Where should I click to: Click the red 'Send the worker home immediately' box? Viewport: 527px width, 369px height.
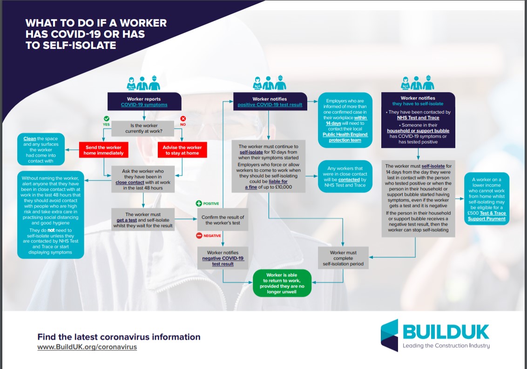[x=104, y=150]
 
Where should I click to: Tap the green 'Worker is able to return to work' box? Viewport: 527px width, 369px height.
[x=281, y=282]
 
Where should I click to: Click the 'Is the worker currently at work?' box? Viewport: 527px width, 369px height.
[x=144, y=128]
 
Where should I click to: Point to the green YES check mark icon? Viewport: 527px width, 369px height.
[x=107, y=119]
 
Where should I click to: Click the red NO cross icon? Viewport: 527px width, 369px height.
[x=183, y=119]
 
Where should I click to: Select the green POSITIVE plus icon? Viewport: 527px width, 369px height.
[x=199, y=203]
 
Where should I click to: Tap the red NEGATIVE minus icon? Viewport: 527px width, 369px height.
[x=199, y=236]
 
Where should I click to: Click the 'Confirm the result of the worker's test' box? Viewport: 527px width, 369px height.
[x=223, y=220]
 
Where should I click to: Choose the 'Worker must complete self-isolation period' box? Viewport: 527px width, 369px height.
[x=343, y=258]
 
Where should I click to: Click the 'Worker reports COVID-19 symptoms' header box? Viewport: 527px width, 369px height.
[x=144, y=102]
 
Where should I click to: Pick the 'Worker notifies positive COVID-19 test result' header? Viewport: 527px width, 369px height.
[x=270, y=102]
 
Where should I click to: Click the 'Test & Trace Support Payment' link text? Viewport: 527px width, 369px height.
[x=486, y=216]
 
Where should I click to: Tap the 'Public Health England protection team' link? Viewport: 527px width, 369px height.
[x=345, y=137]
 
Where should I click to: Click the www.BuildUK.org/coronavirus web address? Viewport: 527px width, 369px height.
[x=87, y=347]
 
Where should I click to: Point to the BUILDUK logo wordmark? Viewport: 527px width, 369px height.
[x=446, y=332]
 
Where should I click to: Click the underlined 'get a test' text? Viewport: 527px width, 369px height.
[x=126, y=220]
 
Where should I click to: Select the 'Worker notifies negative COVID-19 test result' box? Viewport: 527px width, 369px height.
[x=223, y=258]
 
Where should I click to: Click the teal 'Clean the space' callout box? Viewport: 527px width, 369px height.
[x=41, y=150]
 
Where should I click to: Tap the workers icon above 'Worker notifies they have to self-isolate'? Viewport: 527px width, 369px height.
[x=417, y=84]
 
